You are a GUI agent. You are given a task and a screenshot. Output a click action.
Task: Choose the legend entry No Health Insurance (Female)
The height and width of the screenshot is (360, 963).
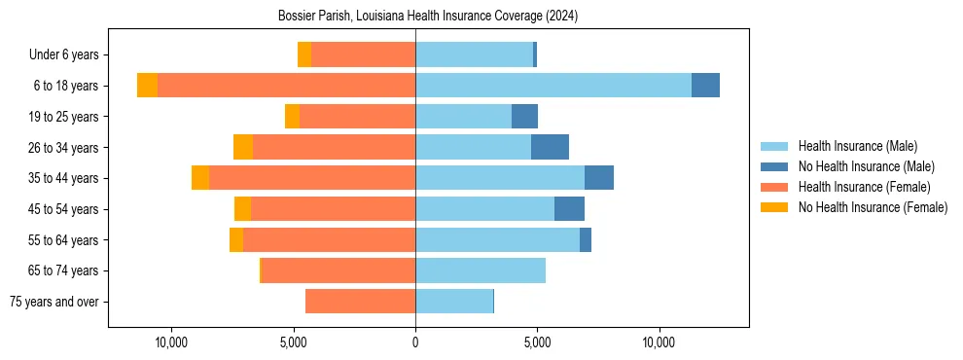[x=873, y=207]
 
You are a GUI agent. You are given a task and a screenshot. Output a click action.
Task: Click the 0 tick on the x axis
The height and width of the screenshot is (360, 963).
[x=415, y=342]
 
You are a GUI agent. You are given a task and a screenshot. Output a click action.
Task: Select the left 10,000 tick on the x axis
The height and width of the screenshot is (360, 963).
[x=171, y=342]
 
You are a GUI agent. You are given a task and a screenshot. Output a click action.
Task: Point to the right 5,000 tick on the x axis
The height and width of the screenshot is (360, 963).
[x=537, y=342]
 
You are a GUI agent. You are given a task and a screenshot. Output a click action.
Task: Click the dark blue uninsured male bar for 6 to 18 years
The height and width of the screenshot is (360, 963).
[x=705, y=86]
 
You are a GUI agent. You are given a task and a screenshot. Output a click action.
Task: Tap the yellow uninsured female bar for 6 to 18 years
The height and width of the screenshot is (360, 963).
[x=147, y=86]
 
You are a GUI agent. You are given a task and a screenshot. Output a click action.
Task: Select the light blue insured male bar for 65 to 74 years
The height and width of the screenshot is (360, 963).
[x=481, y=270]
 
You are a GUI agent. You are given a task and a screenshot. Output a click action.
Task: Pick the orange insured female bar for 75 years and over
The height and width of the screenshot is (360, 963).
[x=360, y=302]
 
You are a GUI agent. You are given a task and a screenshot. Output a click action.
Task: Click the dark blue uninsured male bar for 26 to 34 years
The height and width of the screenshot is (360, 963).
[x=550, y=147]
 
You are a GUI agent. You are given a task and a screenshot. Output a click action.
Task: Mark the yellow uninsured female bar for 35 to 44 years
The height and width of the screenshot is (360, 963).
[x=200, y=178]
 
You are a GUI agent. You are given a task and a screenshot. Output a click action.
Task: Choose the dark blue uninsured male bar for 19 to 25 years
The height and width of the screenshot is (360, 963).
[x=524, y=117]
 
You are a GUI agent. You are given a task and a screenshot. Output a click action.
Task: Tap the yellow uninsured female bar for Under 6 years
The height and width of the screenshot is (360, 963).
[x=304, y=54]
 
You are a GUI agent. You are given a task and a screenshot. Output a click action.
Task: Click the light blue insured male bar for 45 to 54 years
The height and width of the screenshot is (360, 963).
[x=484, y=209]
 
